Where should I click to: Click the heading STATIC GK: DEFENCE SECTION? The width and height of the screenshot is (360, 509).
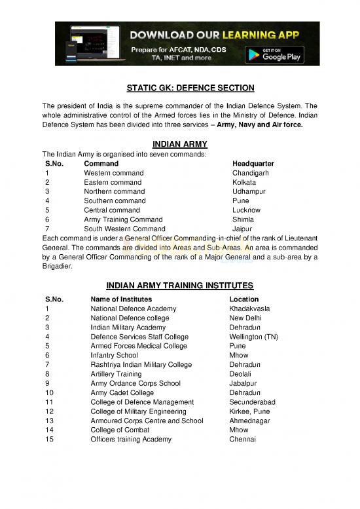pyautogui.click(x=180, y=88)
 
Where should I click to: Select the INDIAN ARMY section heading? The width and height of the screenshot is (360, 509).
pyautogui.click(x=180, y=144)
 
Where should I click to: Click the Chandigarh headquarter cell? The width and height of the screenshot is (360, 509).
pyautogui.click(x=251, y=173)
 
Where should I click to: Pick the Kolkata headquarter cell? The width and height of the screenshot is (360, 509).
pyautogui.click(x=244, y=182)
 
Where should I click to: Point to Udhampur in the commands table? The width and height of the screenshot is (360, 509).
pyautogui.click(x=249, y=191)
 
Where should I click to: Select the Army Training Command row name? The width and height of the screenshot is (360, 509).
pyautogui.click(x=124, y=220)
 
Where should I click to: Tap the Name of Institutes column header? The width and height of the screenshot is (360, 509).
pyautogui.click(x=124, y=299)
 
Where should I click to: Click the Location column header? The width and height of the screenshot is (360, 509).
pyautogui.click(x=245, y=299)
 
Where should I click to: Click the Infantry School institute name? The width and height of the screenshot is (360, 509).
pyautogui.click(x=114, y=355)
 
